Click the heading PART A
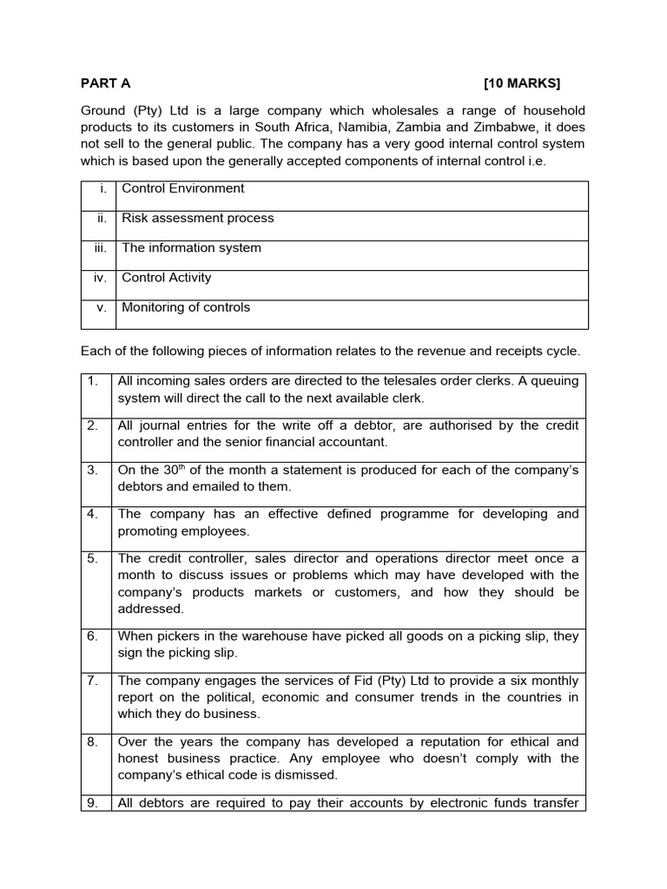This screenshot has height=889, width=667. tap(105, 83)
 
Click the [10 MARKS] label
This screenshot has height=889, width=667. tap(522, 83)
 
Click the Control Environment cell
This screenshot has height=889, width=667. tap(183, 188)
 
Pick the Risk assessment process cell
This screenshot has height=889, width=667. tap(198, 218)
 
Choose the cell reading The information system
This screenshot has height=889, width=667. tap(191, 247)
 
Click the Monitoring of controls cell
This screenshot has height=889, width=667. tap(186, 307)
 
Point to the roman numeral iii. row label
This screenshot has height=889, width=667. tap(100, 247)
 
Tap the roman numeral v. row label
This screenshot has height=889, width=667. tap(102, 307)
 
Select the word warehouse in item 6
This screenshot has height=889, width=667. tap(225, 636)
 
